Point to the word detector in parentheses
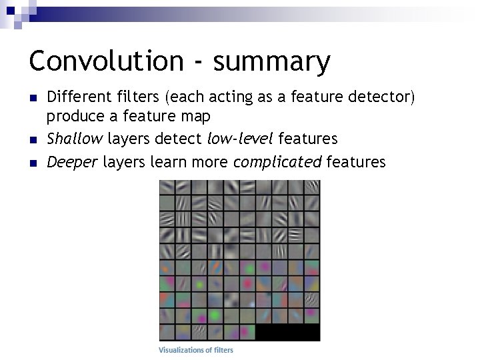pyautogui.click(x=380, y=98)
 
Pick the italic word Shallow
pyautogui.click(x=75, y=139)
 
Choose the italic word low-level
pyautogui.click(x=241, y=139)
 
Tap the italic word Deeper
pyautogui.click(x=72, y=162)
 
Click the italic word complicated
pyautogui.click(x=277, y=162)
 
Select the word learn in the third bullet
pyautogui.click(x=169, y=162)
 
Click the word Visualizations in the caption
pyautogui.click(x=184, y=350)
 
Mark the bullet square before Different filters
pyautogui.click(x=33, y=99)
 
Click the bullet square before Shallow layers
pyautogui.click(x=33, y=139)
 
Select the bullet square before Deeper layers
pyautogui.click(x=33, y=162)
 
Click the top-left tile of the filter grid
pyautogui.click(x=167, y=188)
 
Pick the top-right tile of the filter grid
pyautogui.click(x=312, y=188)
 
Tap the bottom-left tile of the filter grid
pyautogui.click(x=167, y=332)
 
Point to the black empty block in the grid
pyautogui.click(x=288, y=332)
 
